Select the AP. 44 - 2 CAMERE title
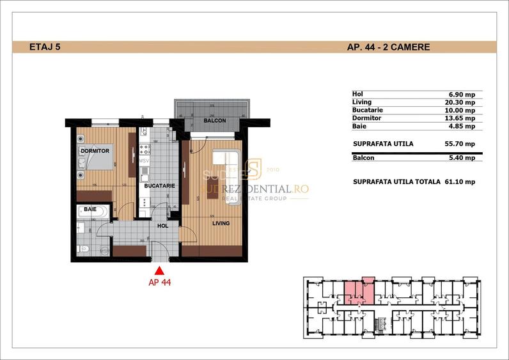388,47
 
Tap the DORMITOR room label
96,150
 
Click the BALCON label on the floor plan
214,120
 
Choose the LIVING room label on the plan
221,223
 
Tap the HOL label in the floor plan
164,225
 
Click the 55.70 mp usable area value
460,144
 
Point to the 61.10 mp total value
460,182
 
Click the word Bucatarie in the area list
368,110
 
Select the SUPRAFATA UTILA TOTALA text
396,182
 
